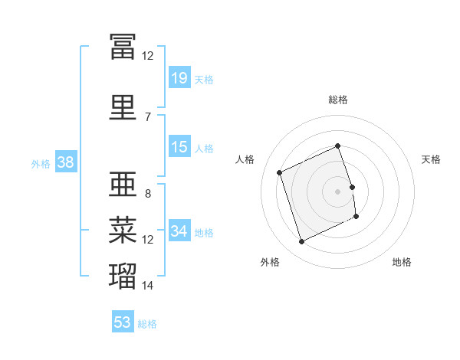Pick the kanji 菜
[123, 229]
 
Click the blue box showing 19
[179, 78]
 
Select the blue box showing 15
[179, 147]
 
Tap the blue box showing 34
[179, 231]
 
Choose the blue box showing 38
[65, 162]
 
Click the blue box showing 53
[123, 322]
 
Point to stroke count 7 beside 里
[148, 116]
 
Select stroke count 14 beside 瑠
[148, 286]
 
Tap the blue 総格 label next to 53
[147, 323]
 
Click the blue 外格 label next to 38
[41, 163]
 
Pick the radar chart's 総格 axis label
[337, 100]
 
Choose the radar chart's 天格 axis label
[432, 159]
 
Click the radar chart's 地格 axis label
[402, 262]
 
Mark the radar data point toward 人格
[280, 172]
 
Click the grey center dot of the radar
[337, 191]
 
